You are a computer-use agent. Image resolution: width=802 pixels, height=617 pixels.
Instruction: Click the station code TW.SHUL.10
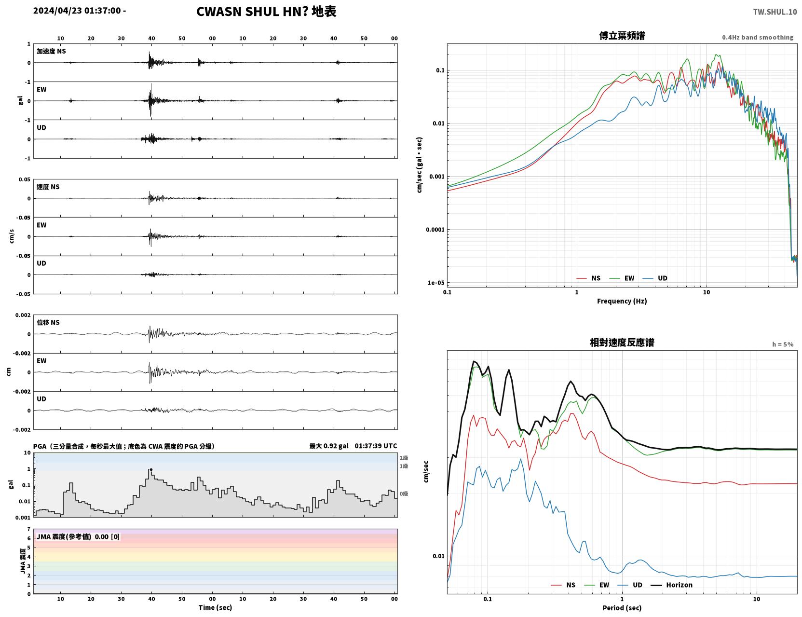pos(775,12)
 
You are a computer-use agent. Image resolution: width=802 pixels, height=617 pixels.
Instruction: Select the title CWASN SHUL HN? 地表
pos(266,12)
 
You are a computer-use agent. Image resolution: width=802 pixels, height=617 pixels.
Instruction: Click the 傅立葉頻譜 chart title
pos(622,36)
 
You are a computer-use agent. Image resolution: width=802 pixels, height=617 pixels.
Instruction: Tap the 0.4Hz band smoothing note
pos(757,37)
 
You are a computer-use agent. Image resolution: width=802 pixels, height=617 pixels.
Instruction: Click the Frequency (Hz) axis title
pos(622,301)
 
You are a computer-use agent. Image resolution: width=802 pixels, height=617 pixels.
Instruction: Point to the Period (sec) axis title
pos(622,608)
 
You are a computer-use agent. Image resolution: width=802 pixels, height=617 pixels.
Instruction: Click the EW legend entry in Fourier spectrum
pos(622,278)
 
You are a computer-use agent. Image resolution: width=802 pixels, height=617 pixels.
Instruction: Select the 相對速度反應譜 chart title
pos(622,343)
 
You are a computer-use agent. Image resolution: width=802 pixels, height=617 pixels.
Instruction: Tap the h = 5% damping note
pos(782,344)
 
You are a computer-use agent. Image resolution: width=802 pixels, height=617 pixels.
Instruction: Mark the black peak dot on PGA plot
pos(151,470)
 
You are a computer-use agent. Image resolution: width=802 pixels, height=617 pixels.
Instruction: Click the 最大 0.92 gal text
pos(328,446)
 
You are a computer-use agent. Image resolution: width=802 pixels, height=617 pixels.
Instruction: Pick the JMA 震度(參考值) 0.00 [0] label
pos(78,536)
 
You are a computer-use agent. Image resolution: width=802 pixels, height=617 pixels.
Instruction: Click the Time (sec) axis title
pos(215,607)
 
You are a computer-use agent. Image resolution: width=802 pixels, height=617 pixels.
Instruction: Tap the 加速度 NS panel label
pos(51,51)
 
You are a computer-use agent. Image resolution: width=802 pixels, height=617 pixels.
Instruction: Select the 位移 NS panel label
pos(48,323)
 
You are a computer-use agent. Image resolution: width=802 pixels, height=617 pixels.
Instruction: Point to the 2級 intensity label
pos(403,458)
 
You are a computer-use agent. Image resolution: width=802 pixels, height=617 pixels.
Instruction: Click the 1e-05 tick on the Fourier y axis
pos(436,283)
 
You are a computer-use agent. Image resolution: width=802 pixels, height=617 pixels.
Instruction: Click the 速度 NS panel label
pos(48,187)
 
